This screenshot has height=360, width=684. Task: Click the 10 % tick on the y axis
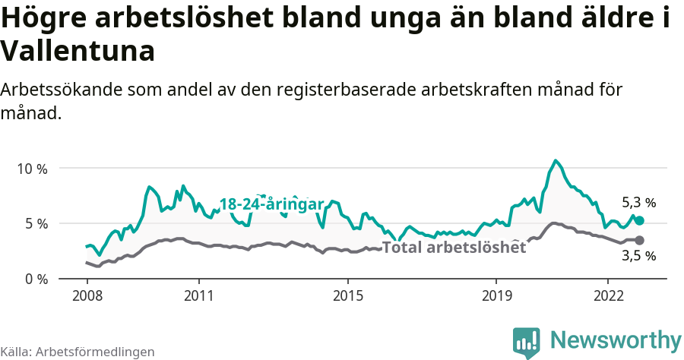[x=31, y=169]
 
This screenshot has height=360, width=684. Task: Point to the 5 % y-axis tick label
[x=34, y=224]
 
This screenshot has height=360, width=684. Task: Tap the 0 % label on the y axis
[x=34, y=279]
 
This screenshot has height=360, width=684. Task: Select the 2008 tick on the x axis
[x=87, y=294]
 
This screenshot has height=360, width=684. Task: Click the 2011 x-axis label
[x=198, y=294]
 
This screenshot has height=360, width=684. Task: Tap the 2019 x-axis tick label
[x=496, y=294]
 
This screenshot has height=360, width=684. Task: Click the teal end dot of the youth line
[x=639, y=220]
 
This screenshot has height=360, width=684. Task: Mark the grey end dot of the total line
[x=639, y=240]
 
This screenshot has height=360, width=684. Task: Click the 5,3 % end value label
[x=638, y=203]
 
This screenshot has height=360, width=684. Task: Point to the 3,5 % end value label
[x=638, y=257]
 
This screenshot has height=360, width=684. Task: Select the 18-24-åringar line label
[x=271, y=204]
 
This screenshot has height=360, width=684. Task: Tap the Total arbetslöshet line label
[x=454, y=248]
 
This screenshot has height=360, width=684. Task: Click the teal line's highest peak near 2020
[x=556, y=160]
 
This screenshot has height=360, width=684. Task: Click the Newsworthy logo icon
[x=527, y=343]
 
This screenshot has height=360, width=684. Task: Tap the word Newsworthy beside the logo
[x=616, y=339]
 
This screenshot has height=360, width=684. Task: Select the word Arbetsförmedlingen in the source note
[x=95, y=352]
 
